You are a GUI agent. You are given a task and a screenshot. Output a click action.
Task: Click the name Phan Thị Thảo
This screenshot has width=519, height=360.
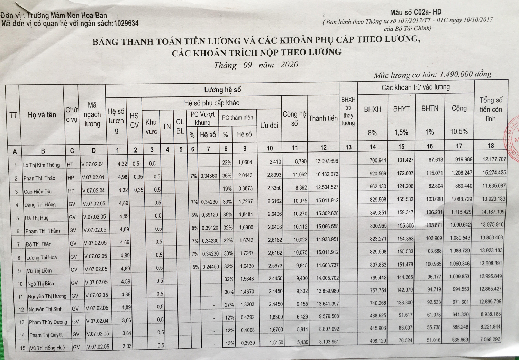(39, 178)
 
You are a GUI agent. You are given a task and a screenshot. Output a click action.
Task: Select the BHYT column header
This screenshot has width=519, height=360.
(401, 109)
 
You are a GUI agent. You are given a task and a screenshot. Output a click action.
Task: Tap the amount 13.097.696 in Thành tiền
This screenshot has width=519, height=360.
(327, 161)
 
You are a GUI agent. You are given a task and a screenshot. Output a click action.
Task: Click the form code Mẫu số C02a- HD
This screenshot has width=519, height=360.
(416, 13)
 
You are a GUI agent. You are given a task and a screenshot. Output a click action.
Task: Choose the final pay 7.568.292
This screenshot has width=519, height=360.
(490, 339)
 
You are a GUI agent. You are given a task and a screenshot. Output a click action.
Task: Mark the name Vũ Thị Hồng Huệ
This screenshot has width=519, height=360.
(47, 348)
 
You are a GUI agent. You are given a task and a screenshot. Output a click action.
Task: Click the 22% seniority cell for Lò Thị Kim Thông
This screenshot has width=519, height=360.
(227, 163)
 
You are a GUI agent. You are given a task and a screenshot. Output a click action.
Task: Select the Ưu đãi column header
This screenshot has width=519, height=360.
(269, 126)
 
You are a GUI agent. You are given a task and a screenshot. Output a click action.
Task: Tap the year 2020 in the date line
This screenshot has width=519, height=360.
(289, 65)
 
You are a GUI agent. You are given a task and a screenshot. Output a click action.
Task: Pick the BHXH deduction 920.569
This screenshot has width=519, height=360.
(377, 174)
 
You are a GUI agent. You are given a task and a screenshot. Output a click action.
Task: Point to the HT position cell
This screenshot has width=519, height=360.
(70, 165)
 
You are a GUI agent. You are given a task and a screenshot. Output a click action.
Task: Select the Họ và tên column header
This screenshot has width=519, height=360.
(42, 115)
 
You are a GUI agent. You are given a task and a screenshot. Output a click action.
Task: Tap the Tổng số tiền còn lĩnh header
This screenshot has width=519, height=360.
(491, 109)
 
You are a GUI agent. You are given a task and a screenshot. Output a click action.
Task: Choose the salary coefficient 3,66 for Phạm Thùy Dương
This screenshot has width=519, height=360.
(126, 321)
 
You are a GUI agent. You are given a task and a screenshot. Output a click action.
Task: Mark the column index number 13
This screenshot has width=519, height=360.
(348, 147)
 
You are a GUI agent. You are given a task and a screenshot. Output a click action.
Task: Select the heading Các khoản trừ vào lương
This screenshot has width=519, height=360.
(416, 87)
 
